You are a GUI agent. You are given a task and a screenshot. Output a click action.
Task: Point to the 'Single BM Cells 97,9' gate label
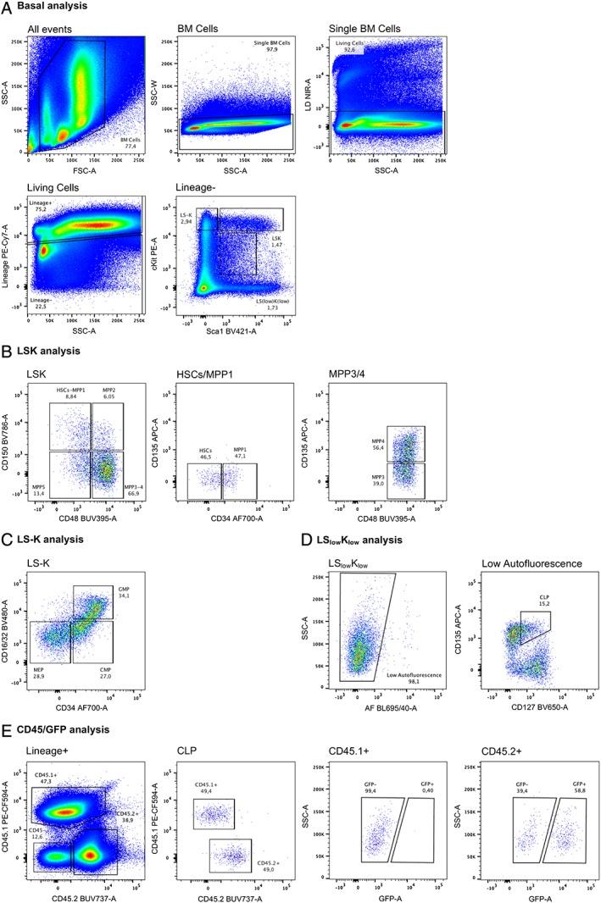[272, 47]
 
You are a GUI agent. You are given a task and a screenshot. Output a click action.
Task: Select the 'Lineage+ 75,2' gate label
[41, 208]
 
